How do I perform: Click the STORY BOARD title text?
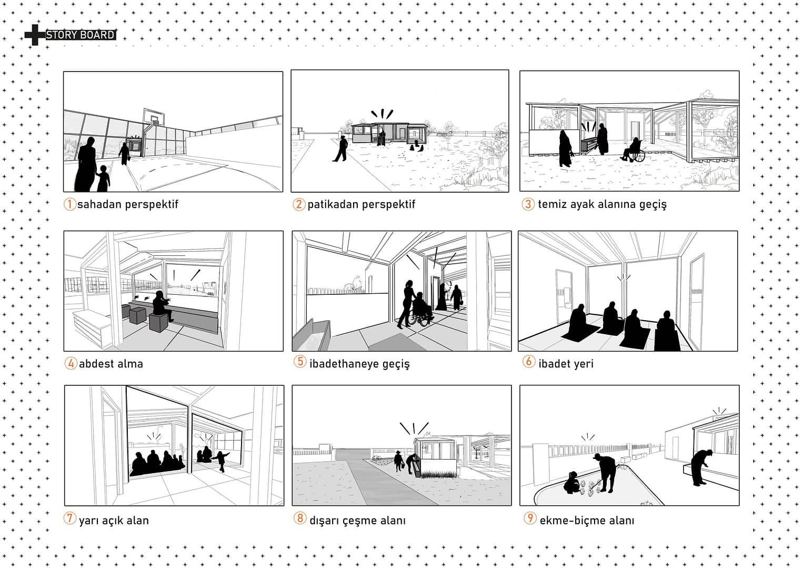point(81,35)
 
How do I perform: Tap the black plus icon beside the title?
point(34,35)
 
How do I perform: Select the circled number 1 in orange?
point(70,204)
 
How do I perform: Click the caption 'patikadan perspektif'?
point(362,204)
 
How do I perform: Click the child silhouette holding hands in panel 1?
point(103,178)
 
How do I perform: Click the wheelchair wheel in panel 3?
point(638,156)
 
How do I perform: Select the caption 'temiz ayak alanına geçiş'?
point(602,204)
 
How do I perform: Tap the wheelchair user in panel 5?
point(420,310)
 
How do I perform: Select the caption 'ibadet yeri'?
point(566,364)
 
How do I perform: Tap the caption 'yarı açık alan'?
point(114,520)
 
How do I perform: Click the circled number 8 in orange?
point(300,518)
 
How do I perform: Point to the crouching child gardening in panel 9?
point(571,483)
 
